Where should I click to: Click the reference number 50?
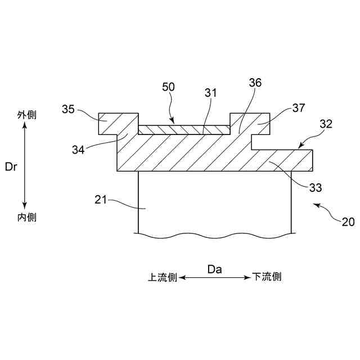pos(168,87)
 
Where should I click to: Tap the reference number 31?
pos(211,92)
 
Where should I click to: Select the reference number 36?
pos(255,83)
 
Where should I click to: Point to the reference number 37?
pos(299,107)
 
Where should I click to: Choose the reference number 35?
pos(69,109)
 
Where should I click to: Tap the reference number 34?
pos(79,150)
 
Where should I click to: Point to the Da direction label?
pos(215,269)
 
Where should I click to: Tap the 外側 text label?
pos(26,115)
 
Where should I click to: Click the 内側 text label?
pos(26,217)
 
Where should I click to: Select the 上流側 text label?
pos(163,277)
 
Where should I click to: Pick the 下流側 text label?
pos(267,277)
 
